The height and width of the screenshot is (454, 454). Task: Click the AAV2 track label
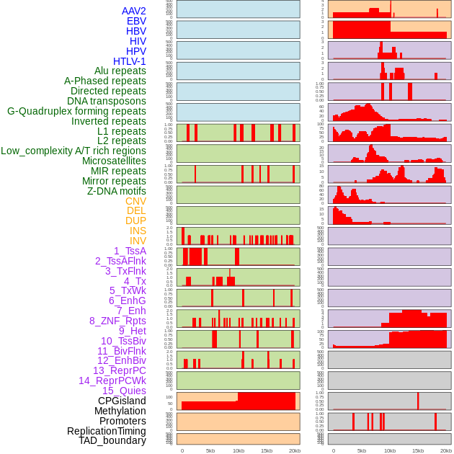(133, 11)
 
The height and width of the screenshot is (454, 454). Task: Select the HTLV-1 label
(129, 61)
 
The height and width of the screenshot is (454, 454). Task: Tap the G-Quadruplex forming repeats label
(76, 111)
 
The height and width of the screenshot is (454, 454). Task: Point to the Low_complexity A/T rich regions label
(74, 151)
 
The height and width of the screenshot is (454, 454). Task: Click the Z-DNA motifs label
(116, 191)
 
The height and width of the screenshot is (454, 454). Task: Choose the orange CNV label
(135, 201)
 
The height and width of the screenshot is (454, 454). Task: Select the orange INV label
(138, 241)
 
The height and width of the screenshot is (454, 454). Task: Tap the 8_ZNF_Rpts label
(117, 321)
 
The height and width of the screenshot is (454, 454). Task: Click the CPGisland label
(122, 401)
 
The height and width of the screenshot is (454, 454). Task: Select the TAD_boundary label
(112, 440)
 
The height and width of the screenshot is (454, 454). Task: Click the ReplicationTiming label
(106, 431)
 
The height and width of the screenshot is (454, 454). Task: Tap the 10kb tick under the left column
(238, 451)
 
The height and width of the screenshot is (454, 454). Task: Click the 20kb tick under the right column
(445, 451)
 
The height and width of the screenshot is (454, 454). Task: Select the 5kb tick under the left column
(210, 451)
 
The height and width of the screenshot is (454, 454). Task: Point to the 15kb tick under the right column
(417, 451)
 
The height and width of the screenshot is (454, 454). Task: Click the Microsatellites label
(114, 161)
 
